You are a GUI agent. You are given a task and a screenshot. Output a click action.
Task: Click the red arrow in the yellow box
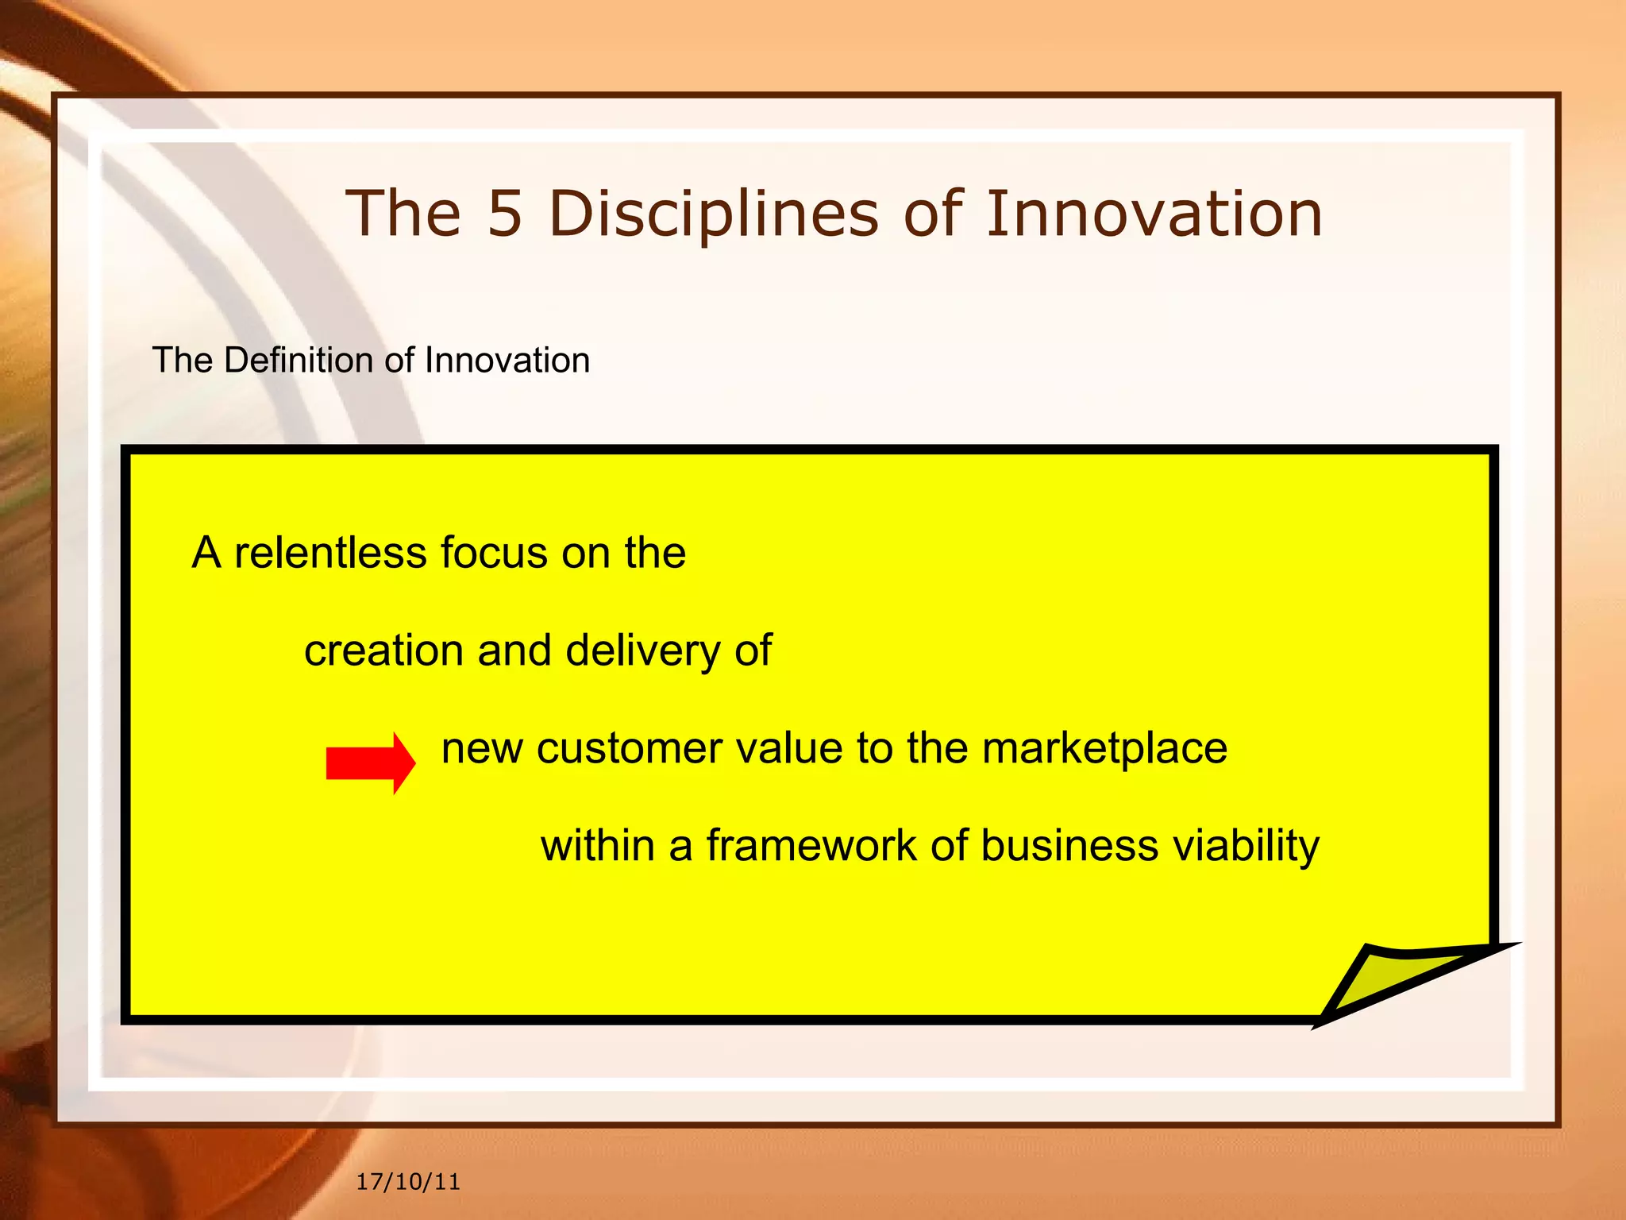370,763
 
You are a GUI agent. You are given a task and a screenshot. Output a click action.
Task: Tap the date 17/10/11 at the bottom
408,1182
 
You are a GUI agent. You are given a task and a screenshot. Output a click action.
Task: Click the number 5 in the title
505,214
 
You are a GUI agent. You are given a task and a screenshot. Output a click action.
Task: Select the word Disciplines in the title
714,215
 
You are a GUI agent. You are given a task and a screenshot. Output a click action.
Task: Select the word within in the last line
598,845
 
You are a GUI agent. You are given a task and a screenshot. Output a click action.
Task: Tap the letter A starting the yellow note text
206,553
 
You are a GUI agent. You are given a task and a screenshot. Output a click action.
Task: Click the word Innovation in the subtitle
507,361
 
